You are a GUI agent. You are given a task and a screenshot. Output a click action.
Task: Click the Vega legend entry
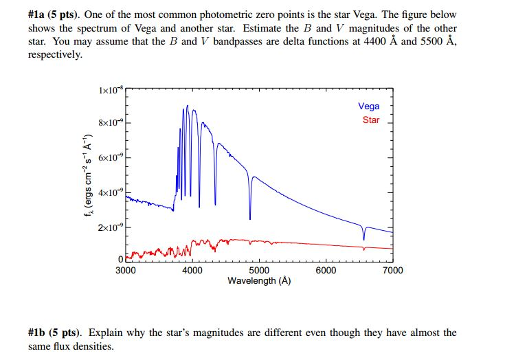click(368, 106)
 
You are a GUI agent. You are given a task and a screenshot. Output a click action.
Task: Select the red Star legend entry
click(370, 120)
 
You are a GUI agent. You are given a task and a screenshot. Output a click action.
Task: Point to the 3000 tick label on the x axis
click(125, 271)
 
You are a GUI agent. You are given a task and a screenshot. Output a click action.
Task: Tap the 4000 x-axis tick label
click(192, 271)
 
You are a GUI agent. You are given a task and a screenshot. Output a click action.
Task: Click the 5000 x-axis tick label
click(259, 271)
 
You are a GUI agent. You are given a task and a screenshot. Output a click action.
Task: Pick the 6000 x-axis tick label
click(326, 271)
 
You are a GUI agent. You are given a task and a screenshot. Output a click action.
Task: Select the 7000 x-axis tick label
click(392, 271)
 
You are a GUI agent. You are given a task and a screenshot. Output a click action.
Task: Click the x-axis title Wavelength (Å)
click(259, 281)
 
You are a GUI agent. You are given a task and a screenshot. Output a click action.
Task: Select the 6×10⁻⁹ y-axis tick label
click(111, 158)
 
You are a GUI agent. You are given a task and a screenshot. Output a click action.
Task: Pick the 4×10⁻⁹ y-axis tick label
click(111, 192)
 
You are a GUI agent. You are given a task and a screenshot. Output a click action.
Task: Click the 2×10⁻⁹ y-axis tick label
click(111, 227)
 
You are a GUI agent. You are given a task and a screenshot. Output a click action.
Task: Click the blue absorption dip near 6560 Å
click(364, 239)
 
